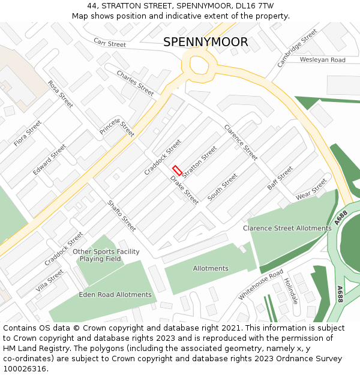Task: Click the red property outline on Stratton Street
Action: point(177,170)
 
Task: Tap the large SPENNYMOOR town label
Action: point(205,42)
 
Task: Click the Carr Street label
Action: point(110,43)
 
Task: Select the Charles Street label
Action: point(135,83)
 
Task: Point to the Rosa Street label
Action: point(60,94)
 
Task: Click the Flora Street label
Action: point(28,133)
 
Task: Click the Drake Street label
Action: point(184,190)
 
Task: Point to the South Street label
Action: point(223,187)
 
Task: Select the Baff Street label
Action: point(280,178)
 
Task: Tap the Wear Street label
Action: point(311,189)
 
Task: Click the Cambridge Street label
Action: point(297,48)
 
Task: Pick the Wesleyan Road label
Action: point(323,60)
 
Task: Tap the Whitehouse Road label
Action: point(260,284)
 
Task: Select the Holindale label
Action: point(290,290)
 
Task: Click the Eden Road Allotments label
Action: point(115,295)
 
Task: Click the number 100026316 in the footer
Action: point(24,369)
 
